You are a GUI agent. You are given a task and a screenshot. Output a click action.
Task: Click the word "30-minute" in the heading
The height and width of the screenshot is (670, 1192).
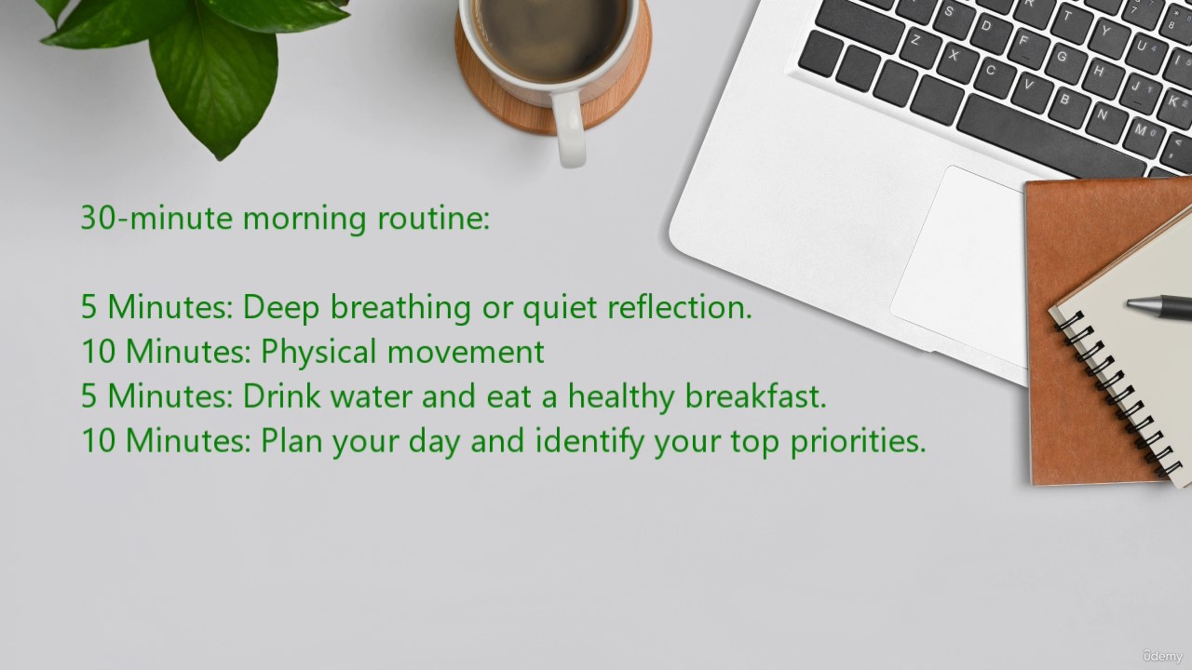pyautogui.click(x=156, y=219)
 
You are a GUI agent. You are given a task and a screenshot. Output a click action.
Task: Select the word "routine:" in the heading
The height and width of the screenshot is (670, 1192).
pyautogui.click(x=433, y=218)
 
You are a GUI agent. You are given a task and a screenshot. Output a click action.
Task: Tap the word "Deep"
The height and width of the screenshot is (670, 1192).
pyautogui.click(x=281, y=308)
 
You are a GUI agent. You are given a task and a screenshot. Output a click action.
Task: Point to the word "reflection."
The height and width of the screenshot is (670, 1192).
pyautogui.click(x=680, y=306)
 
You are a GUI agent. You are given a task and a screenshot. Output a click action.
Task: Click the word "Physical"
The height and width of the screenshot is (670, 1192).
pyautogui.click(x=318, y=353)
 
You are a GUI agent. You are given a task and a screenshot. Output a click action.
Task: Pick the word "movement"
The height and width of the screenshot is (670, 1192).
pyautogui.click(x=466, y=352)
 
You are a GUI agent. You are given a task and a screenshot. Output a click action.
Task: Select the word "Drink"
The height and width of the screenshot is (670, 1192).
pyautogui.click(x=282, y=395)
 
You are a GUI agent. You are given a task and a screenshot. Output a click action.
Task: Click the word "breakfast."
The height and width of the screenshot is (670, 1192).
pyautogui.click(x=755, y=395)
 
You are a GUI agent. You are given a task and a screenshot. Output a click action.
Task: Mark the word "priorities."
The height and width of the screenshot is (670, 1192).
pyautogui.click(x=858, y=442)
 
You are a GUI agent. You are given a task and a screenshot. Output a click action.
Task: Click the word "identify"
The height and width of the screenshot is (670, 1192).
pyautogui.click(x=589, y=442)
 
